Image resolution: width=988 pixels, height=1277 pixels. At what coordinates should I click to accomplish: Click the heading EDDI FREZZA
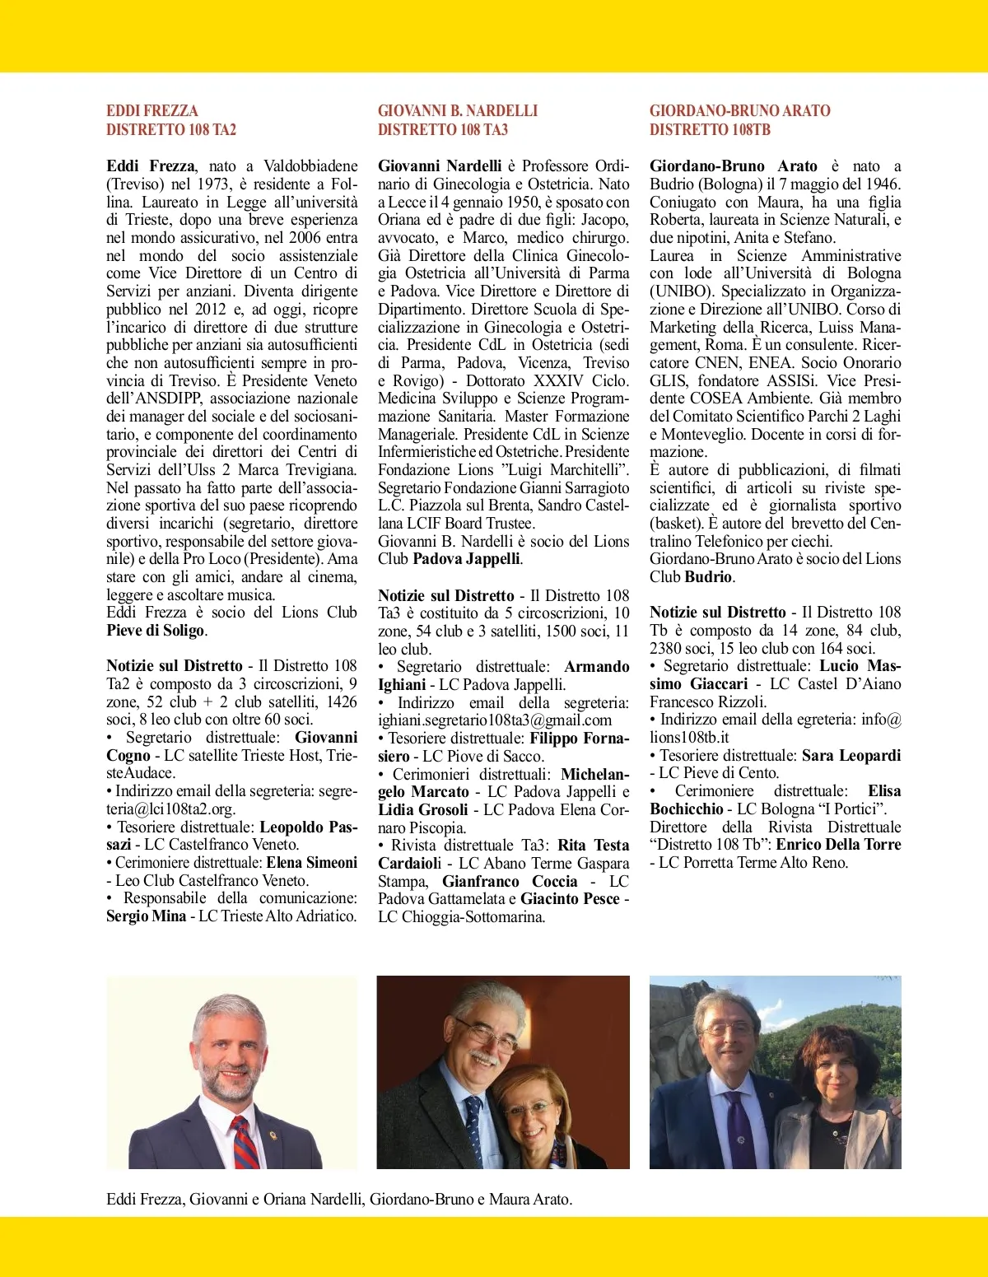pyautogui.click(x=152, y=110)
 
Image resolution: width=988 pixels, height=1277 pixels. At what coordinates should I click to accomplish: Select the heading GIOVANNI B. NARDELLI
pyautogui.click(x=457, y=110)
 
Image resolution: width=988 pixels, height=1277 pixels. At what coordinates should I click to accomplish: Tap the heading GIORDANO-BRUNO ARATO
pyautogui.click(x=739, y=110)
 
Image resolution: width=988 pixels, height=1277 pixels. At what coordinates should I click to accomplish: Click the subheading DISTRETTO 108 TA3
pyautogui.click(x=443, y=129)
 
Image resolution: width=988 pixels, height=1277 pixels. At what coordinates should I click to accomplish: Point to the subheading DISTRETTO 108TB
pyautogui.click(x=710, y=129)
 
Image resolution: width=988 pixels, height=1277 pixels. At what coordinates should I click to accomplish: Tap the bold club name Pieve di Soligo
pyautogui.click(x=155, y=631)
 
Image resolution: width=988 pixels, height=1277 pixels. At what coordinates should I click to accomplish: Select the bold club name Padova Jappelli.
pyautogui.click(x=466, y=559)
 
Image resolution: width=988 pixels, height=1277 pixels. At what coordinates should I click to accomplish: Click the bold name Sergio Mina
pyautogui.click(x=146, y=916)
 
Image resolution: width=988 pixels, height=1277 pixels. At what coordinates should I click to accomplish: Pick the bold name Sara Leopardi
pyautogui.click(x=851, y=756)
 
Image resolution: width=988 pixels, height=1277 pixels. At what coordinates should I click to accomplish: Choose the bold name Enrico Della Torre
pyautogui.click(x=838, y=845)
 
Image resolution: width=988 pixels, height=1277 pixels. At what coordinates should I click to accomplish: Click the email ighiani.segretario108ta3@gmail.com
pyautogui.click(x=495, y=720)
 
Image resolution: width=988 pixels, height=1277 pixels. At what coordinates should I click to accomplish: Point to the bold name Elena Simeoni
pyautogui.click(x=311, y=863)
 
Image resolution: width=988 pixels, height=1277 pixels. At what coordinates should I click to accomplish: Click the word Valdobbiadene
pyautogui.click(x=310, y=166)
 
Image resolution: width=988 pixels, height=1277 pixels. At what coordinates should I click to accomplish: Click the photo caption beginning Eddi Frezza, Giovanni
pyautogui.click(x=339, y=1200)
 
